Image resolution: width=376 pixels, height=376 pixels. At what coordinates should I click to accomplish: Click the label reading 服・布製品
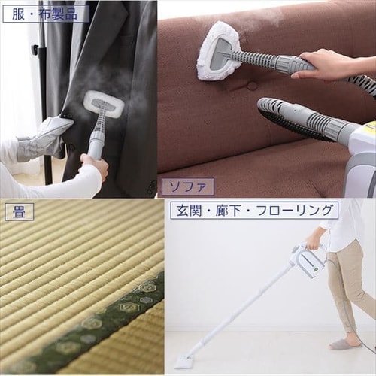(x=46, y=14)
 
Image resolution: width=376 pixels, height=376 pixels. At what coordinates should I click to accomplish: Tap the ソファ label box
(x=187, y=186)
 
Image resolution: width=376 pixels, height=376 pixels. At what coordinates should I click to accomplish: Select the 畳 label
(x=19, y=212)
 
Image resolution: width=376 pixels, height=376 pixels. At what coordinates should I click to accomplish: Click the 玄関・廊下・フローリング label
(x=254, y=210)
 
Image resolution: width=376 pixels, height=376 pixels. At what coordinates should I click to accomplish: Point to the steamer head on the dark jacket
(x=104, y=103)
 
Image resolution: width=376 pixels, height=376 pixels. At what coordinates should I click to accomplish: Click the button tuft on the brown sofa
(x=252, y=86)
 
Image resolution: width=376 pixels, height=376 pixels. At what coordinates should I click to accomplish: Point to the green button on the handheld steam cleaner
(x=316, y=269)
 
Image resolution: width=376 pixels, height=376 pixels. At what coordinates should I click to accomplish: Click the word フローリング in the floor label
(x=295, y=210)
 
